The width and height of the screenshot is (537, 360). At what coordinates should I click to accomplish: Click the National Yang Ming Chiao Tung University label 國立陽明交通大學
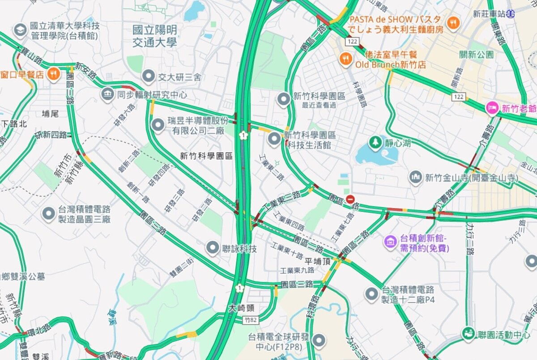[155, 36]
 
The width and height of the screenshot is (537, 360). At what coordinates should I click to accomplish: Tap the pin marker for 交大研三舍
[148, 77]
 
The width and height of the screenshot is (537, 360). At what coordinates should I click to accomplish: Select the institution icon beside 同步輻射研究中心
[107, 95]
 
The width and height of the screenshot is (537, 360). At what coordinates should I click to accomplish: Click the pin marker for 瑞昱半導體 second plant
[158, 125]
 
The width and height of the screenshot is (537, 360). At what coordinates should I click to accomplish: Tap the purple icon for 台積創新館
[391, 242]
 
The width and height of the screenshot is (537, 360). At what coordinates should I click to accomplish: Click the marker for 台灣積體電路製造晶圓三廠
[48, 214]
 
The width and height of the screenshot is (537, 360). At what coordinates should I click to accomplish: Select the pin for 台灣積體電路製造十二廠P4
[371, 294]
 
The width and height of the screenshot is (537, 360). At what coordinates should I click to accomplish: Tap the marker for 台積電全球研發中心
[319, 341]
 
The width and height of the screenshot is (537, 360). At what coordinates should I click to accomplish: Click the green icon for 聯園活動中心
[469, 334]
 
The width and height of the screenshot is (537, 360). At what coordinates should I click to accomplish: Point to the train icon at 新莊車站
[511, 14]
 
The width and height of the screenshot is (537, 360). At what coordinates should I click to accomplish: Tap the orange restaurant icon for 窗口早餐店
[54, 74]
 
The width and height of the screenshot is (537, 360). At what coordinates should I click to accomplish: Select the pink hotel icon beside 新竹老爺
[492, 108]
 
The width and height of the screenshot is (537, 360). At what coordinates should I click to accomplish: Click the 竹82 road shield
[251, 320]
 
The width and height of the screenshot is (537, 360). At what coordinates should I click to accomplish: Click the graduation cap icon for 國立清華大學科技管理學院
[20, 30]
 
